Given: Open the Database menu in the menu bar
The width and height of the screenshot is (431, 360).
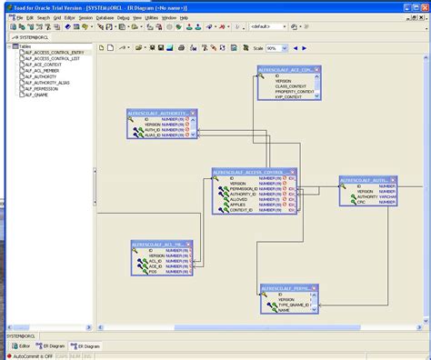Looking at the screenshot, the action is click(105, 17).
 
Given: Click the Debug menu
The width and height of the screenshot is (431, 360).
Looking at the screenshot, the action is click(124, 17).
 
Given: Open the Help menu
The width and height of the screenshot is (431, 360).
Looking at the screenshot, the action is click(184, 17).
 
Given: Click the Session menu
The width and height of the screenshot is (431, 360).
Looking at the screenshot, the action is click(85, 17).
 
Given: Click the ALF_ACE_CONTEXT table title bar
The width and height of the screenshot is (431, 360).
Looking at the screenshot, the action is click(289, 69).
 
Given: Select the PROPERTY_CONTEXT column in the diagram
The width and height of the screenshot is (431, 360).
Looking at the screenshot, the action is click(296, 91).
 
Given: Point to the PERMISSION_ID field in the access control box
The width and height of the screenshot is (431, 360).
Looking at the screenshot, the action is click(242, 189).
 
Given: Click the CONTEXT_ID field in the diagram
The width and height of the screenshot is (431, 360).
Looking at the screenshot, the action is click(241, 210).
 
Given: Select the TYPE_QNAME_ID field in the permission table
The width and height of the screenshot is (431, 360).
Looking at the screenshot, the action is click(295, 305).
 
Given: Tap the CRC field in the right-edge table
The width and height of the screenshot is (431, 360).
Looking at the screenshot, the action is click(360, 202).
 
